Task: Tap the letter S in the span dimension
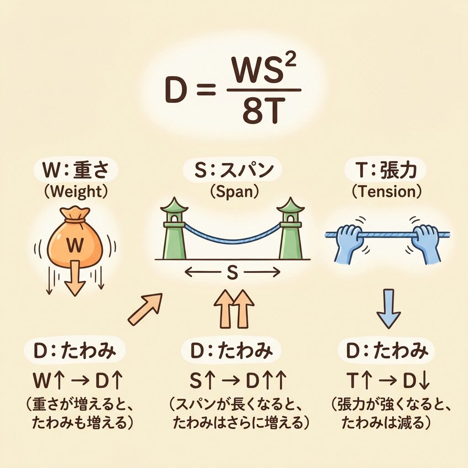point(232,273)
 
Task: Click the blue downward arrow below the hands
point(388,308)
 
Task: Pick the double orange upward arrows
point(233,308)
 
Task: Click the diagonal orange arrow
point(145,309)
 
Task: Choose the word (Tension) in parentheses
point(387,192)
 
